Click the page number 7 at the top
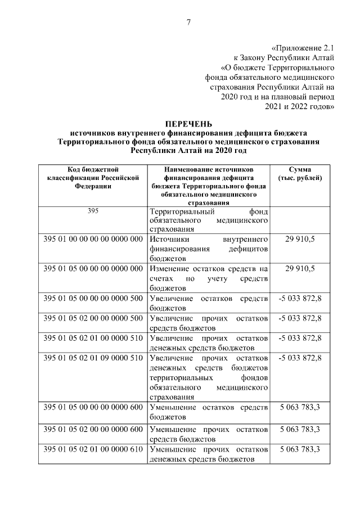(x=188, y=22)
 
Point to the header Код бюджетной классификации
(x=93, y=177)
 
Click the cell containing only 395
(x=93, y=211)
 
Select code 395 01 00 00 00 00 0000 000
(x=93, y=238)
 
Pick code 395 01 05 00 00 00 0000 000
(x=93, y=268)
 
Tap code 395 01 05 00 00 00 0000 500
(x=93, y=298)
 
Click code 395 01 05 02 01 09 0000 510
(x=93, y=358)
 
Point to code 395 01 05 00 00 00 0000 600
(x=93, y=407)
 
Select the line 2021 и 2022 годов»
(x=304, y=105)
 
